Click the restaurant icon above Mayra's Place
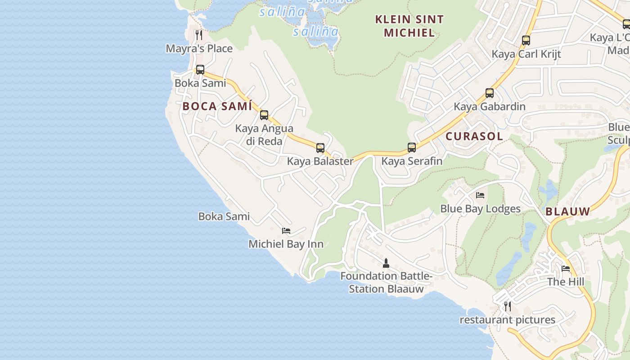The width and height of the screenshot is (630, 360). click(198, 35)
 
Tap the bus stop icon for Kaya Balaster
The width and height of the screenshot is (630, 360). click(320, 148)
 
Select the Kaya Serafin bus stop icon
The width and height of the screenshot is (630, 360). click(412, 147)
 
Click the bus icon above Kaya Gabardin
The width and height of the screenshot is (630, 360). click(490, 93)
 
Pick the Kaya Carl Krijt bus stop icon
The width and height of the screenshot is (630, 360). click(526, 40)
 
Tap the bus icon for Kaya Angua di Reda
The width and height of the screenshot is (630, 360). click(264, 115)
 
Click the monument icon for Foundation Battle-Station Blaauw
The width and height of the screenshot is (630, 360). click(386, 263)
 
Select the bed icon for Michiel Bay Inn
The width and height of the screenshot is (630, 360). click(286, 231)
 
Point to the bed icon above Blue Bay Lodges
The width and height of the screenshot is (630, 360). click(480, 195)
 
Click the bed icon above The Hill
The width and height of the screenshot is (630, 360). click(566, 269)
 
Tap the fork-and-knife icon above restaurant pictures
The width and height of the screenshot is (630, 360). click(507, 306)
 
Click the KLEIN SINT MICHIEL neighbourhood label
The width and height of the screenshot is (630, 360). click(409, 26)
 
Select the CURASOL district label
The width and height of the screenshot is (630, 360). click(474, 137)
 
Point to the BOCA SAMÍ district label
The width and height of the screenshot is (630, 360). click(217, 107)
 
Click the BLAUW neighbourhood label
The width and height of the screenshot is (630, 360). click(567, 211)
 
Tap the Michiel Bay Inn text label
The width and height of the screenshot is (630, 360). click(286, 244)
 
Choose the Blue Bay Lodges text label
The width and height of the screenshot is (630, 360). click(480, 209)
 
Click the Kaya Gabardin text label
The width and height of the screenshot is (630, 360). click(490, 107)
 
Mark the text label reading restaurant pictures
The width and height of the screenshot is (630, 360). click(507, 320)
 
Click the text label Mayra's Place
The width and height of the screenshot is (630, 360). click(199, 49)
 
